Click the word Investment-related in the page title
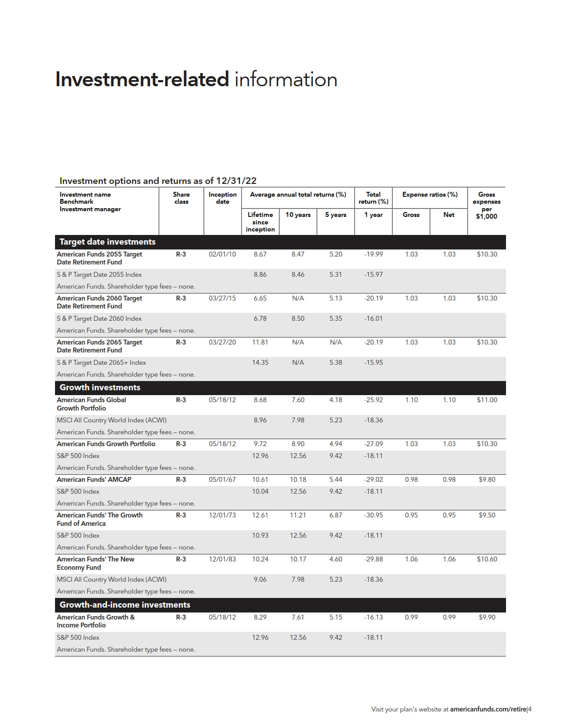click(142, 80)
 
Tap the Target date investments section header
click(107, 242)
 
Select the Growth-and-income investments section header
click(125, 605)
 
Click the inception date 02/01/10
click(222, 254)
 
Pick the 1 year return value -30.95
click(373, 515)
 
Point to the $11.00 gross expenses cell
click(487, 400)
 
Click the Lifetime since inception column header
click(260, 222)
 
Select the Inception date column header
click(222, 198)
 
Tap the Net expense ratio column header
click(448, 215)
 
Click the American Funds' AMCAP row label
click(94, 480)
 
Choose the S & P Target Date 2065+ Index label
click(101, 363)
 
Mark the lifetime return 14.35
click(260, 363)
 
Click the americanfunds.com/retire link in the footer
click(488, 709)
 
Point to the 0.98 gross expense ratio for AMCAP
click(411, 480)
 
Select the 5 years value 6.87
click(335, 515)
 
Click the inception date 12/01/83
click(222, 559)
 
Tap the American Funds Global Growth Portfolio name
click(91, 404)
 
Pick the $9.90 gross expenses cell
click(487, 617)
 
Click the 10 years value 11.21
click(298, 515)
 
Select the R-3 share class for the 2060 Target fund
click(181, 298)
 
